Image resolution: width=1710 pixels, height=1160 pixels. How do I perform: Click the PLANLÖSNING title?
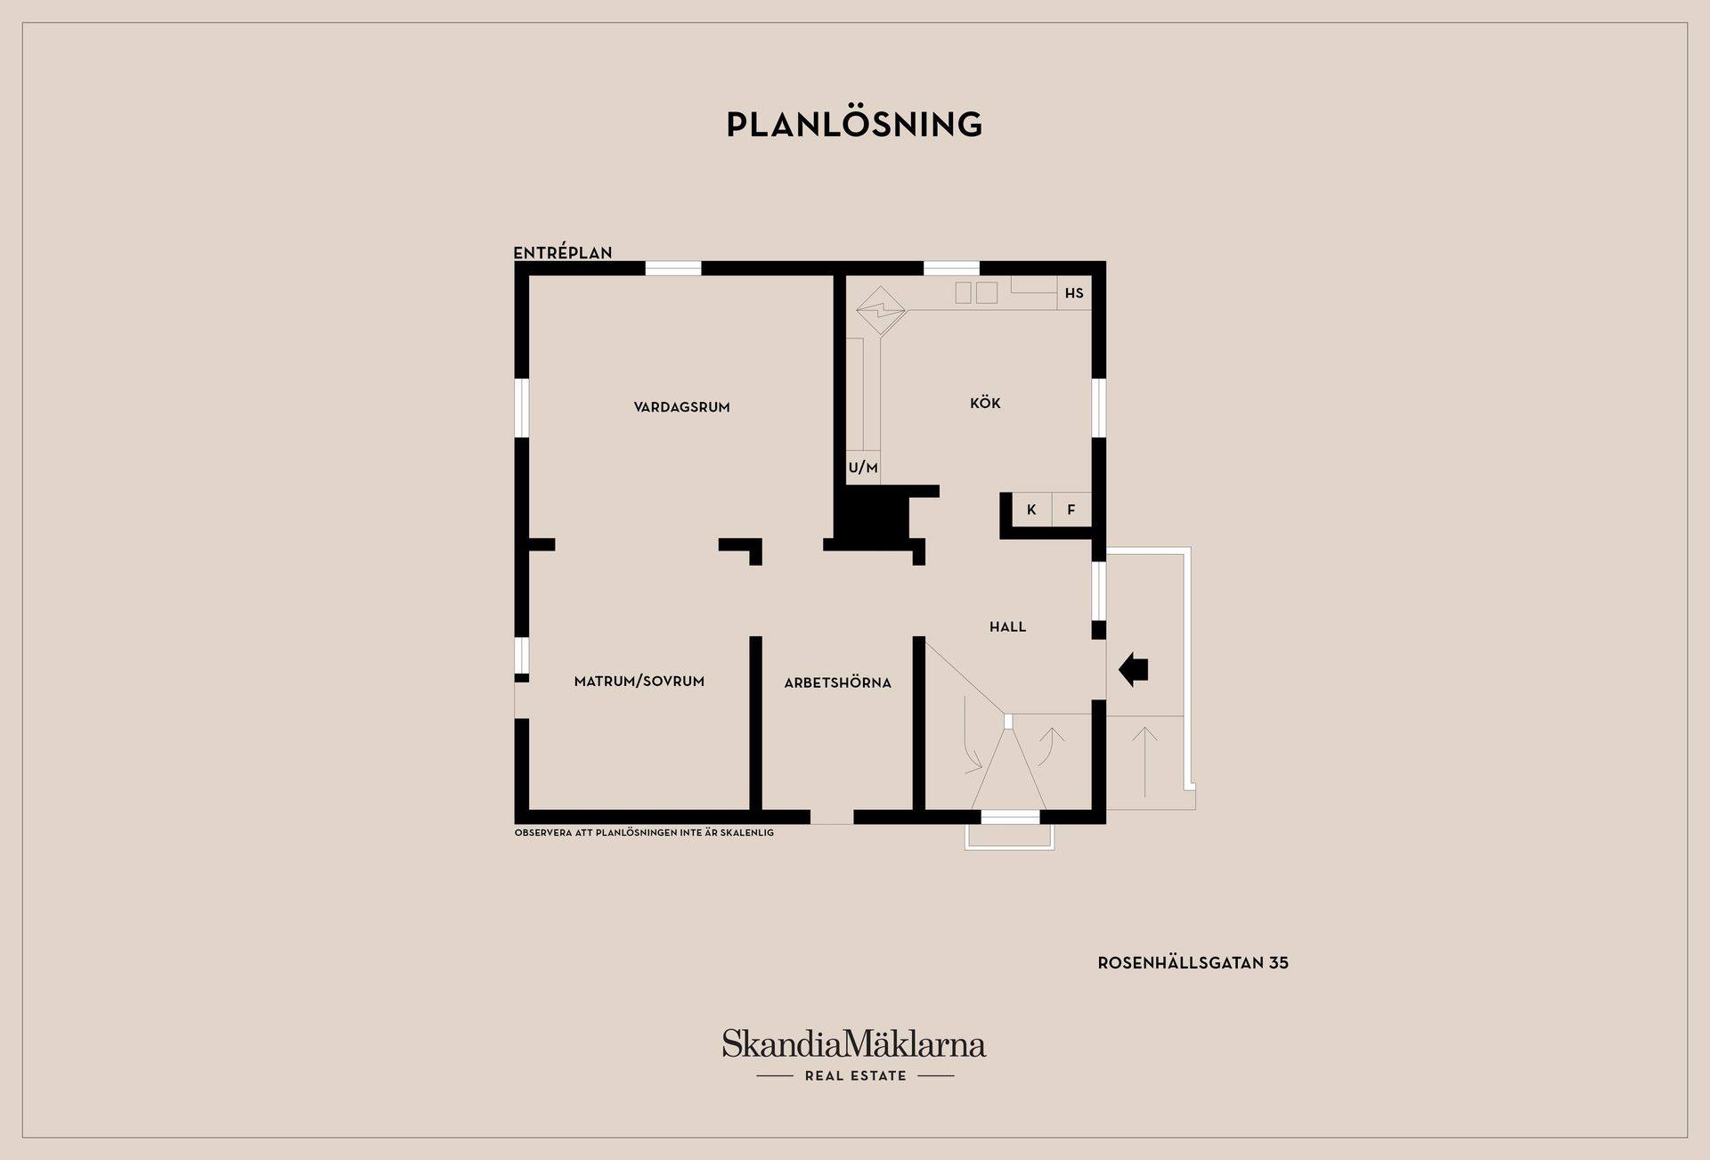[x=854, y=125]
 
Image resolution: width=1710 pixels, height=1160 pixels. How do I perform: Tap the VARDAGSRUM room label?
[x=681, y=407]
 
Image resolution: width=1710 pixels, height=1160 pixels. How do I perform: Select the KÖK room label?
[x=985, y=404]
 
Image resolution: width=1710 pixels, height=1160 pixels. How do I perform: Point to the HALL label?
[x=1007, y=627]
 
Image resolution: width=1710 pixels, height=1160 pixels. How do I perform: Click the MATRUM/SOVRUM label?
[x=639, y=682]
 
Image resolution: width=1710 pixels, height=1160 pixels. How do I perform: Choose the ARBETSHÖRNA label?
[x=837, y=683]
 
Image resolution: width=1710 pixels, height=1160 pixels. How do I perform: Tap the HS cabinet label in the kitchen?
[x=1074, y=293]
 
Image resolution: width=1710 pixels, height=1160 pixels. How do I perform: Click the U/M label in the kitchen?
[x=863, y=468]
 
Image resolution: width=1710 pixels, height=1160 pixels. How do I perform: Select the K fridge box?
[x=1031, y=510]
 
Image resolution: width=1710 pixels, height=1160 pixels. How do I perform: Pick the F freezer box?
[x=1071, y=510]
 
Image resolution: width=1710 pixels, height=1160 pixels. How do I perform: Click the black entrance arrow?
[x=1133, y=669]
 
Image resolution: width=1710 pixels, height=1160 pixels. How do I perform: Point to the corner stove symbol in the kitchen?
[x=880, y=310]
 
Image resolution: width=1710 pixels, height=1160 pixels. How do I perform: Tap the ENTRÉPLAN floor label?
[x=563, y=253]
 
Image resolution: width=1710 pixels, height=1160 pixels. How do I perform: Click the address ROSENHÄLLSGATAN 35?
[x=1193, y=963]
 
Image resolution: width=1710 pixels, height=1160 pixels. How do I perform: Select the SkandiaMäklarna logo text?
[x=854, y=1043]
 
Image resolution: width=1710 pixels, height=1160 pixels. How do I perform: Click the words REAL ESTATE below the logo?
[x=855, y=1076]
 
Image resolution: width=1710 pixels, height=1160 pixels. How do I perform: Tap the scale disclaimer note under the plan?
[x=644, y=833]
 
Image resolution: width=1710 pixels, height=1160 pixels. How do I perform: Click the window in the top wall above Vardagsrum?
[x=673, y=268]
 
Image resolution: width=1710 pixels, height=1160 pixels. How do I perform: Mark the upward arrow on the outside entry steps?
[x=1144, y=759]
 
